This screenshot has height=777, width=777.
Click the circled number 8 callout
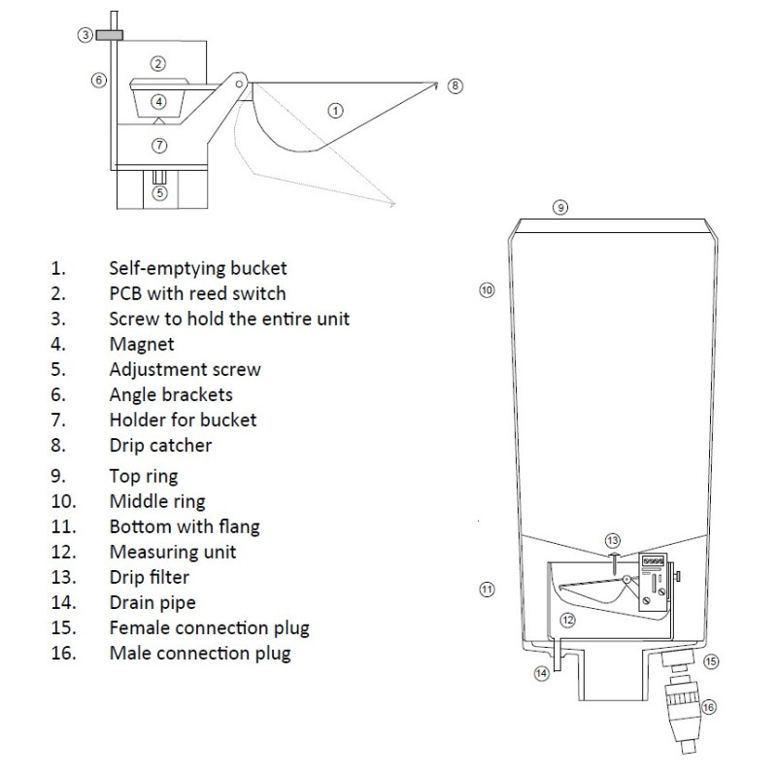pos(456,85)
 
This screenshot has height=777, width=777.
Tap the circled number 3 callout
pos(85,35)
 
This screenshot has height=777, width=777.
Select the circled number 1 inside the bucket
pos(335,110)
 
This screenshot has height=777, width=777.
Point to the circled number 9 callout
pos(559,207)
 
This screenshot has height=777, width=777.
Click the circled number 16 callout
pos(708,707)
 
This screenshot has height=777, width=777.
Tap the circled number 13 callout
pos(612,540)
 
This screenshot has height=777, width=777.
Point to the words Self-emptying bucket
pos(198,267)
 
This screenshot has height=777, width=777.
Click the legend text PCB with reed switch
pos(197,293)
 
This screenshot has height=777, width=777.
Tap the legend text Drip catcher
pos(160,446)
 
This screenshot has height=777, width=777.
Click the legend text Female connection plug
pos(209,627)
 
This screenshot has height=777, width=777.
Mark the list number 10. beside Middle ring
pos(60,501)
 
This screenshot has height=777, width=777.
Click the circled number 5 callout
pos(160,192)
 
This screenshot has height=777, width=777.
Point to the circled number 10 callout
pos(488,288)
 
